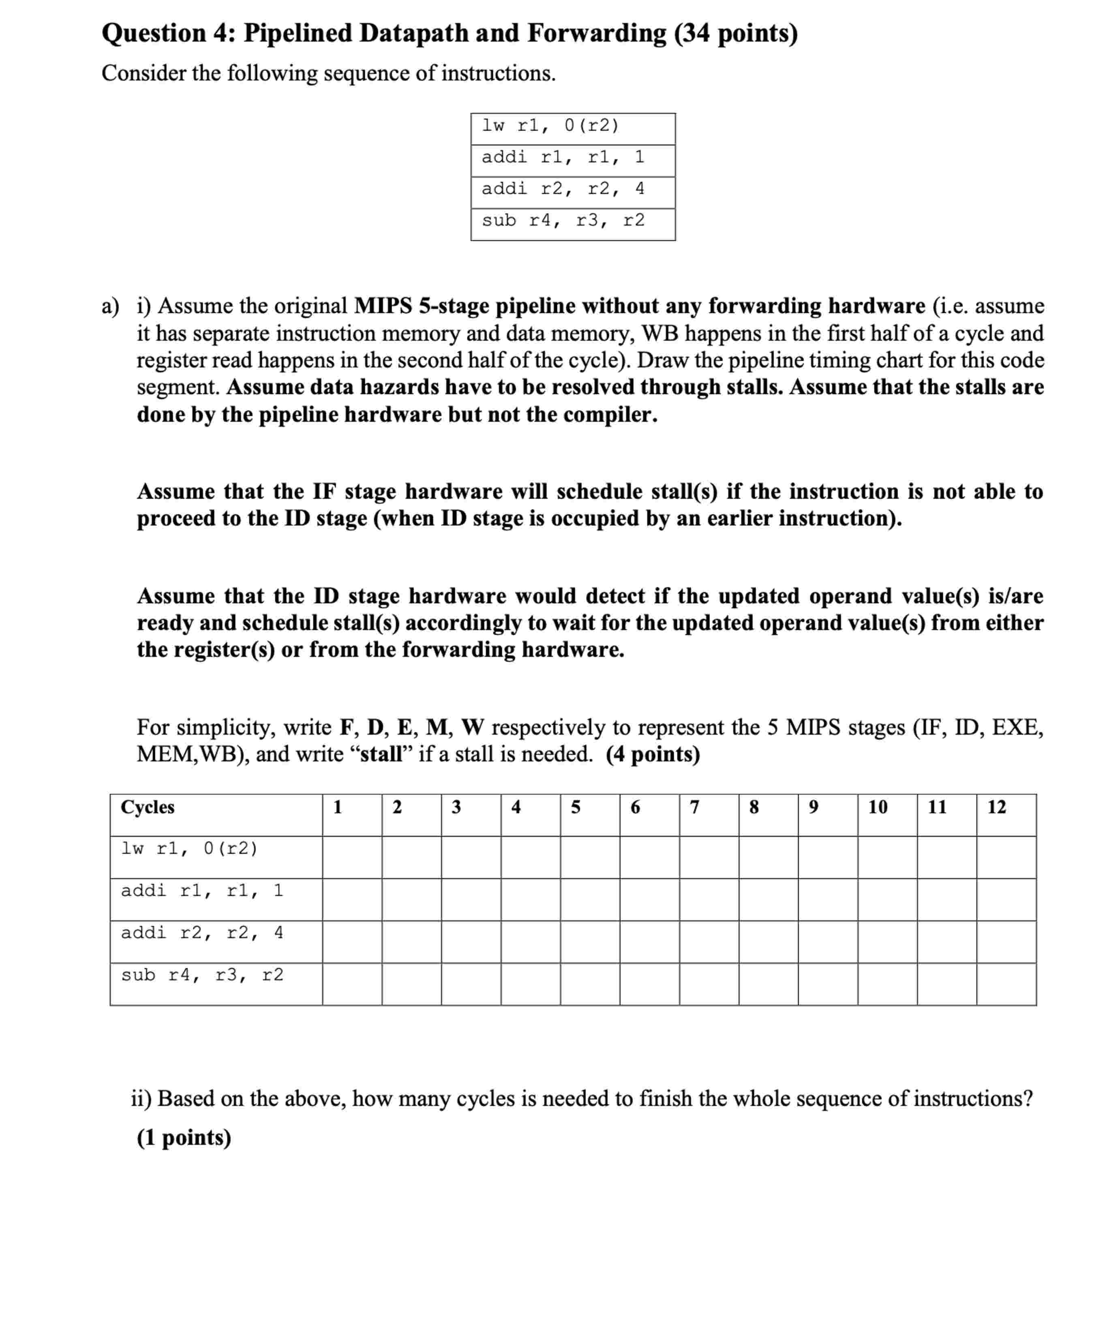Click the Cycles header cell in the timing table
point(148,807)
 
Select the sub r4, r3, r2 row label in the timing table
point(202,975)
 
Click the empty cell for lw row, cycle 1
point(352,857)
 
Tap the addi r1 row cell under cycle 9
point(828,899)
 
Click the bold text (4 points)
point(653,754)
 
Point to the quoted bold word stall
point(382,754)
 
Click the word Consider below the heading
point(143,73)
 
